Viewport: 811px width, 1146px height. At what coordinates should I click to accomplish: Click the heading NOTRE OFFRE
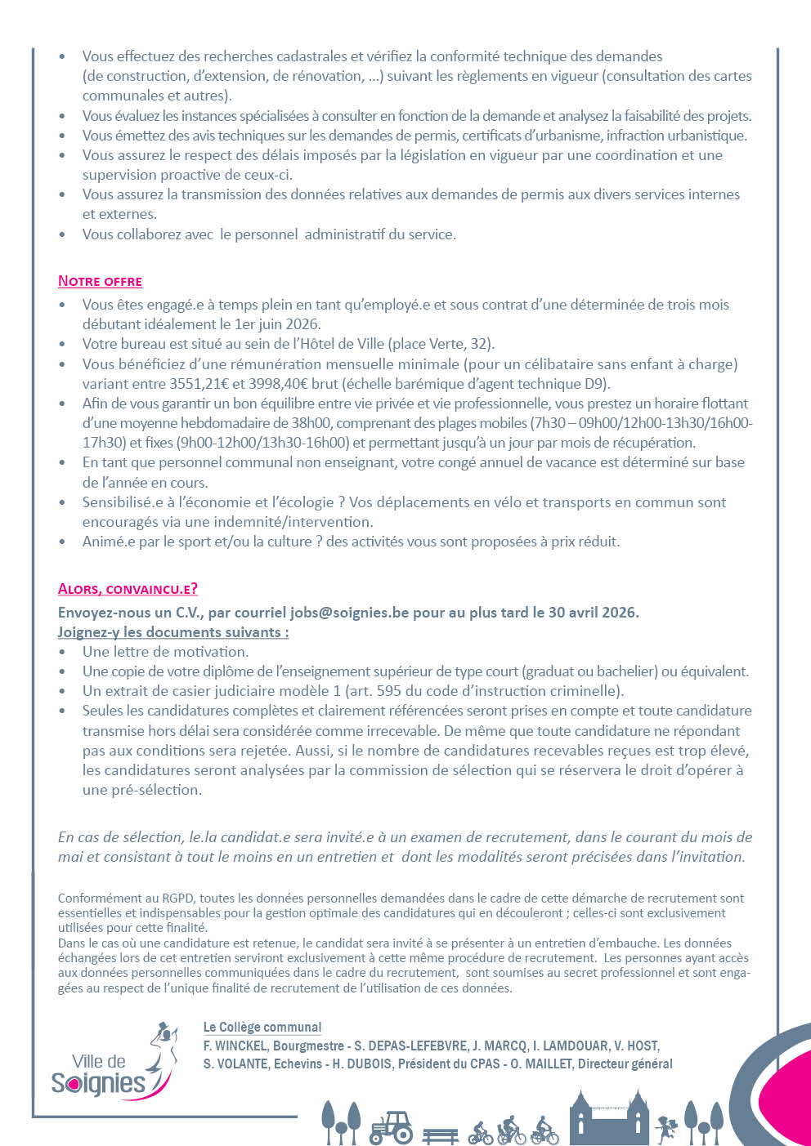coord(100,281)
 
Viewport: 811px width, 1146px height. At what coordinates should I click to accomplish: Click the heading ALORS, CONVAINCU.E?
coord(128,589)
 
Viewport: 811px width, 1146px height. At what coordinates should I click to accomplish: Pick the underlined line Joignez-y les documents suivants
coord(173,632)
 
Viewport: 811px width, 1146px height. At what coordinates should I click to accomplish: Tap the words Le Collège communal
coord(262,1028)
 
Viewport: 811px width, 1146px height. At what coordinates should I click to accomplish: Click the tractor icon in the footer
coord(392,1126)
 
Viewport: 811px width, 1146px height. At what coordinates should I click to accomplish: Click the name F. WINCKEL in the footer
coord(235,1046)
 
